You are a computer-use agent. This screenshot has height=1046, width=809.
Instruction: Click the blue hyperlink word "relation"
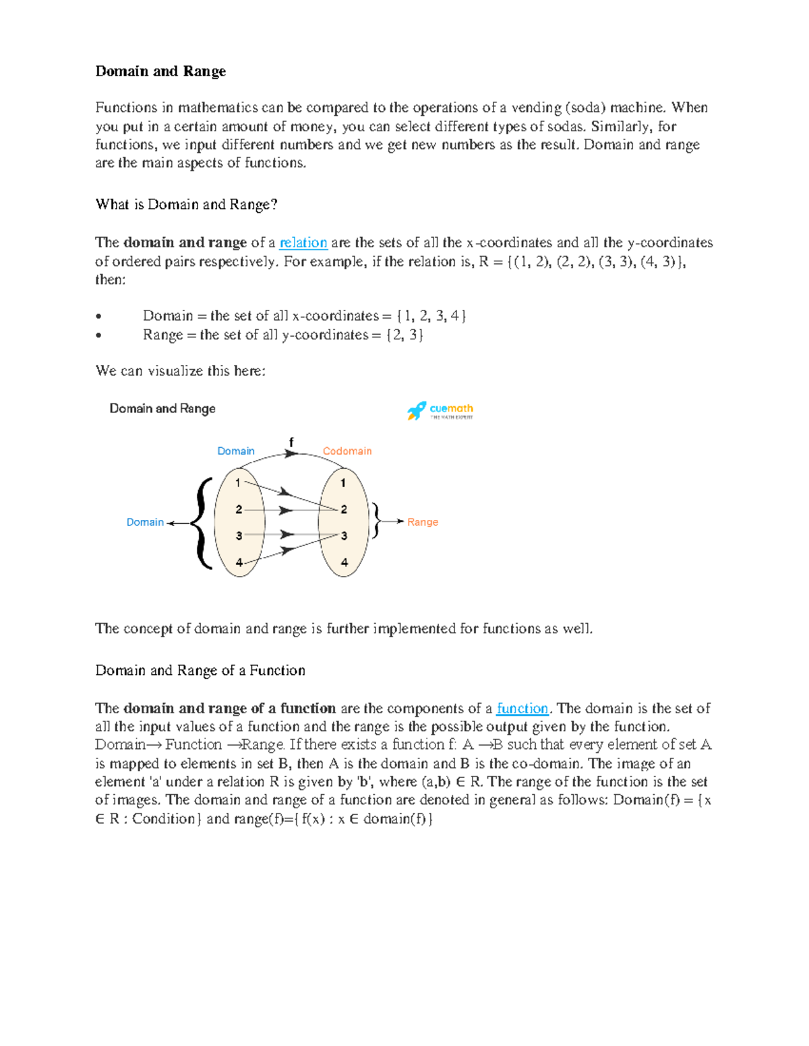(303, 242)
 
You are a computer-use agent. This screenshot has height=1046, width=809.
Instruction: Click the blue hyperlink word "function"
(522, 708)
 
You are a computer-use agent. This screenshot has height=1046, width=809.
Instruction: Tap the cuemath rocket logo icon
(416, 410)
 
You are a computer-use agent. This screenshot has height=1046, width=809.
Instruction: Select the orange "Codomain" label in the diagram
(347, 451)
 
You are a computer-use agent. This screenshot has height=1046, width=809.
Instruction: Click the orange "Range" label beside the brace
(422, 522)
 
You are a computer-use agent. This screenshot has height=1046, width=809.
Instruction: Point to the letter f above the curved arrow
(291, 442)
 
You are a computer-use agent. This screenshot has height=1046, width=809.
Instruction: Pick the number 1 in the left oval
(238, 483)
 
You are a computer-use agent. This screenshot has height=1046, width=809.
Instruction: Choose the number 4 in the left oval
(239, 562)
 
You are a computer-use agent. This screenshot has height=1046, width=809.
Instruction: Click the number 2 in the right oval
(344, 509)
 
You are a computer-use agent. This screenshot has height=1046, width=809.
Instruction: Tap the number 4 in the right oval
(344, 562)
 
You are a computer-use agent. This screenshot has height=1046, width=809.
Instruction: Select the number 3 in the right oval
(344, 536)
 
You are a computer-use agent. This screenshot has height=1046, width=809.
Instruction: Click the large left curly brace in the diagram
(201, 523)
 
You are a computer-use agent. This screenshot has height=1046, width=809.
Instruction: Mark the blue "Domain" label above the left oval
(235, 451)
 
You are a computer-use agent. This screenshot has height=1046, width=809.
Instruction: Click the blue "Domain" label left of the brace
(145, 522)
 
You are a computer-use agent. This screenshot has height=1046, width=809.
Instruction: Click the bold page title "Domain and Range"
(160, 71)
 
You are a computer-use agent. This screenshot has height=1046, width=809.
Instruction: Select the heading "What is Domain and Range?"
(186, 205)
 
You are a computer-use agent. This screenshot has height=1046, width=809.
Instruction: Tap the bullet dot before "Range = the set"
(99, 335)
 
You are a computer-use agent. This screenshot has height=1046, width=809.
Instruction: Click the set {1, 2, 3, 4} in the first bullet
(431, 316)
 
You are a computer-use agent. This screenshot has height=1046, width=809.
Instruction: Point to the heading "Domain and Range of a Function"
(200, 670)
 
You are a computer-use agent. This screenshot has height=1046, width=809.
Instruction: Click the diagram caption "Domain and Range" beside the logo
(162, 408)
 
